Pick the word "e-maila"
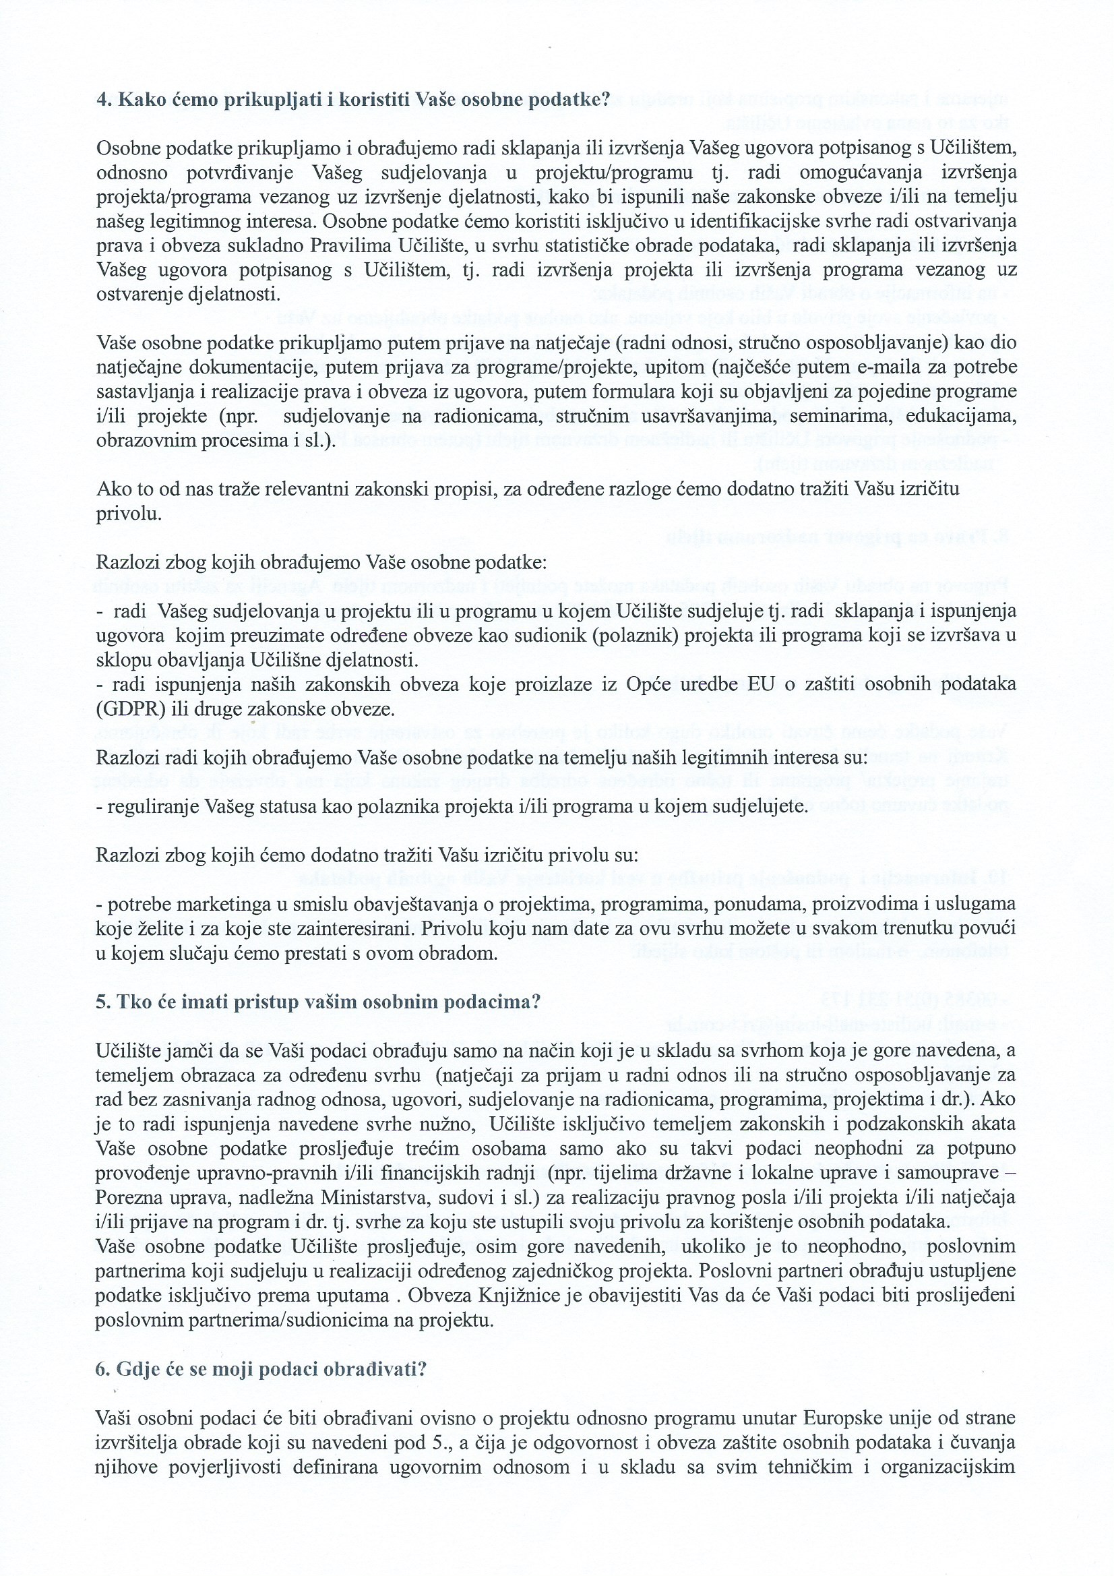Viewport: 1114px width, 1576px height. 875,367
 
